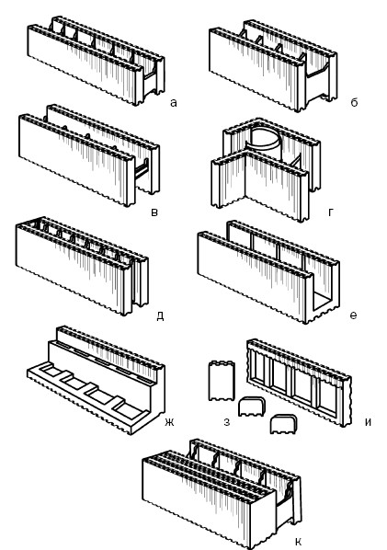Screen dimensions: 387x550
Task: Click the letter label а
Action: (174, 103)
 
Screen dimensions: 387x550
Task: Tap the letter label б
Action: (354, 102)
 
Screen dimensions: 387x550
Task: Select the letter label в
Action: (154, 212)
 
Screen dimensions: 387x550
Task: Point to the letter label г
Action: (331, 212)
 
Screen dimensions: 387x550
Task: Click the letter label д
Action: (160, 316)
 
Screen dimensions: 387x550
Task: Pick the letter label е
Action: (353, 315)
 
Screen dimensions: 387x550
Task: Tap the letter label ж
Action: (169, 422)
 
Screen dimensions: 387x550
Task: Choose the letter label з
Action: (227, 422)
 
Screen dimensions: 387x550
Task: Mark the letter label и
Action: (368, 422)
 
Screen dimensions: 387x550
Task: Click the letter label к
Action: (299, 541)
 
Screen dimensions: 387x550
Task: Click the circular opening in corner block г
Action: (266, 137)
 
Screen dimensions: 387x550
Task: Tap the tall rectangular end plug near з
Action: (222, 381)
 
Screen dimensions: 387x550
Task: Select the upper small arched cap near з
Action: (252, 407)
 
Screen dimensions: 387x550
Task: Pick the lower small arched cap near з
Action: (284, 424)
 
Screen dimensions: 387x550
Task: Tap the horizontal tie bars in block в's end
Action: (142, 168)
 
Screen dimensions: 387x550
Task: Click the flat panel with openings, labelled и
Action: (299, 383)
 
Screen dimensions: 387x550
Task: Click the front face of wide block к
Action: (209, 501)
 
